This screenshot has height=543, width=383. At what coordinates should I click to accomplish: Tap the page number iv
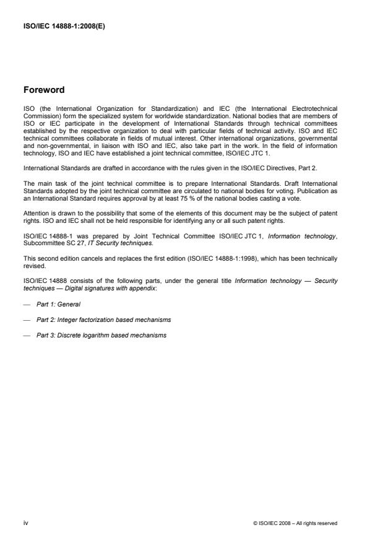pos(25,523)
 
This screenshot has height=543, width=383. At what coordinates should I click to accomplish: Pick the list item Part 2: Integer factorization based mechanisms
pos(105,319)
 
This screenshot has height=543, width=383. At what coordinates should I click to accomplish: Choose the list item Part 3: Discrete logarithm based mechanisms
pos(103,335)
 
